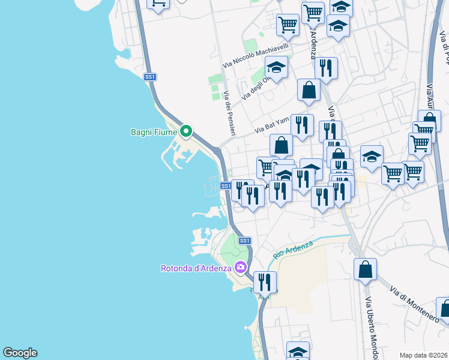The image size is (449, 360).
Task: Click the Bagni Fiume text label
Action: tap(154, 131)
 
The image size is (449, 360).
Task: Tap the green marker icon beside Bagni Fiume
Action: tap(186, 130)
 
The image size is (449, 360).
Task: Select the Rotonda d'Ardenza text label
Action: tap(196, 268)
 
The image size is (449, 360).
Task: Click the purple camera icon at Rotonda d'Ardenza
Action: tap(241, 267)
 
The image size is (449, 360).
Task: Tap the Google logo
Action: tap(20, 353)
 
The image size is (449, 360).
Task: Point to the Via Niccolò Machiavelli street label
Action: tap(256, 55)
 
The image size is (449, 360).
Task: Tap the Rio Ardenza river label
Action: tap(293, 249)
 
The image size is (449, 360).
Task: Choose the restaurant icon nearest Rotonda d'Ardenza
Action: tap(264, 281)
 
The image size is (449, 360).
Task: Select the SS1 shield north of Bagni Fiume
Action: tap(150, 77)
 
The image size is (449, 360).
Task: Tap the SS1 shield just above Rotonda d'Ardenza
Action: tap(244, 241)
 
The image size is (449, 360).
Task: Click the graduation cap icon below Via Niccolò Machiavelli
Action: tap(276, 68)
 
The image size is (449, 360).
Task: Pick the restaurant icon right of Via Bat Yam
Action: tap(302, 125)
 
